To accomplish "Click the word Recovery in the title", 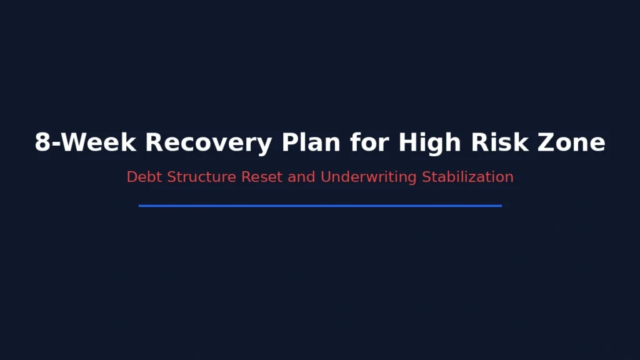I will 209,143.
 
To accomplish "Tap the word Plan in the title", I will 312,143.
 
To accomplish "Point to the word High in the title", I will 425,143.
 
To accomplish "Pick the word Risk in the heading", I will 494,143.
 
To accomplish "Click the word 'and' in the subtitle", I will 302,177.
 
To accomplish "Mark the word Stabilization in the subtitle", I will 467,177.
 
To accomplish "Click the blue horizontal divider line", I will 320,205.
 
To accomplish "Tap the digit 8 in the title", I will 42,143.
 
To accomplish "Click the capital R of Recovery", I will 154,143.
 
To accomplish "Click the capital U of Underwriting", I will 326,177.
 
